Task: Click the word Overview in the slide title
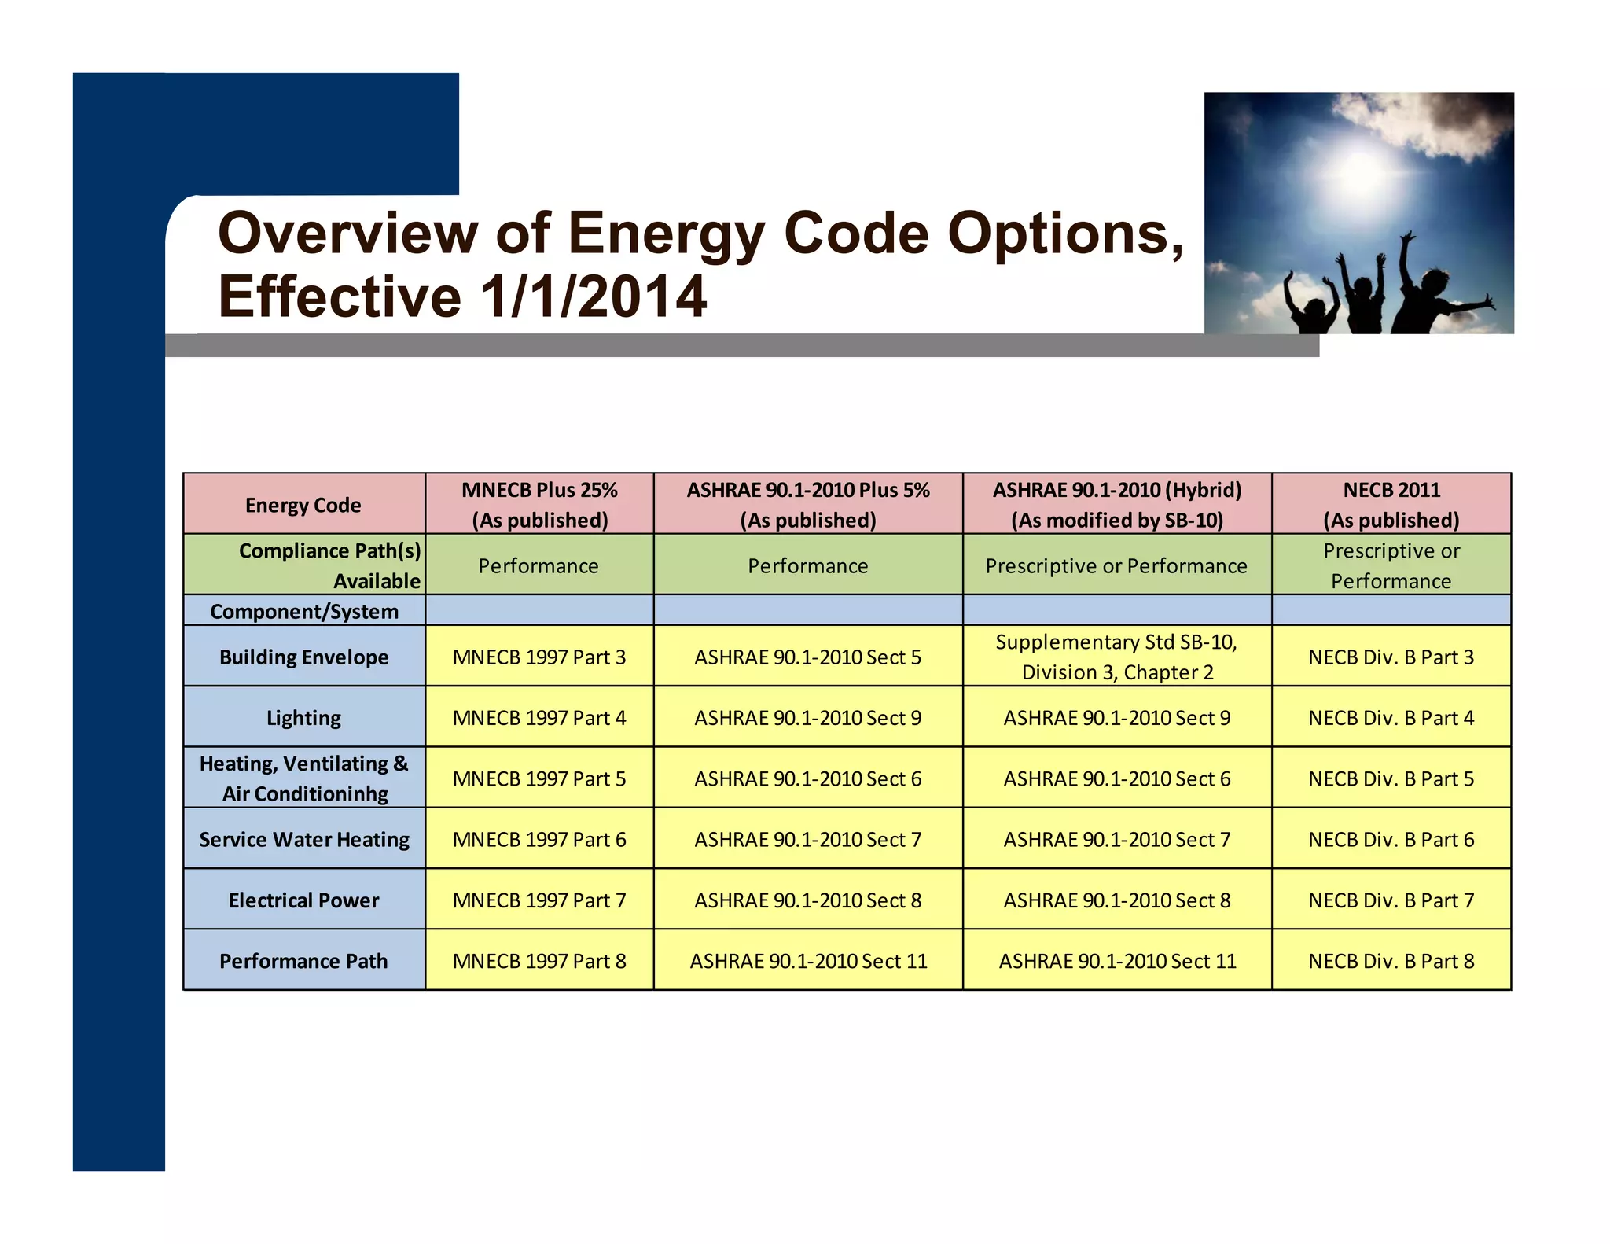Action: (x=347, y=234)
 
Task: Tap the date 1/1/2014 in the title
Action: (x=594, y=297)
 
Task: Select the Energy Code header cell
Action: (x=303, y=505)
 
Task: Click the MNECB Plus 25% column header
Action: (x=539, y=504)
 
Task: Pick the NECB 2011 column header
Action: (x=1391, y=504)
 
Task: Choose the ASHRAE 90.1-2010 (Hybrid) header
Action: (x=1116, y=504)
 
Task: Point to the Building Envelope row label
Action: (x=303, y=657)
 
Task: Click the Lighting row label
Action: (x=303, y=717)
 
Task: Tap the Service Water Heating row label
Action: (x=303, y=839)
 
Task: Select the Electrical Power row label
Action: (x=303, y=900)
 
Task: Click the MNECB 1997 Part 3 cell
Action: (x=539, y=657)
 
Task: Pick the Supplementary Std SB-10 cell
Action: (x=1116, y=657)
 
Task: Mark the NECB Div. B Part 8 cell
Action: (x=1391, y=960)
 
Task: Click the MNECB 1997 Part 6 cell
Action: (x=539, y=839)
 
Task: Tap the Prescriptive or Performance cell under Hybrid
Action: (x=1116, y=565)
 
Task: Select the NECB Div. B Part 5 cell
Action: (x=1391, y=778)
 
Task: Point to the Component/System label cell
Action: (x=303, y=611)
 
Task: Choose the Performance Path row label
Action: (x=303, y=960)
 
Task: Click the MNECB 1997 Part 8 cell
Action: (x=539, y=960)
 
